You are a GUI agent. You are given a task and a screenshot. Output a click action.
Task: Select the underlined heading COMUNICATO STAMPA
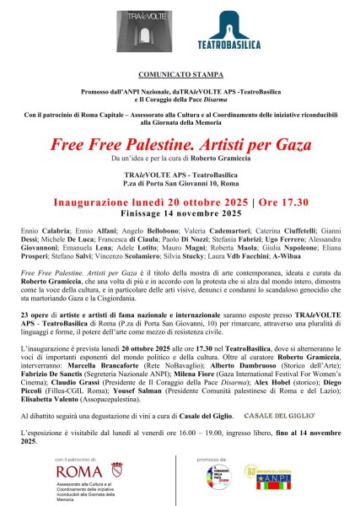click(x=179, y=75)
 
